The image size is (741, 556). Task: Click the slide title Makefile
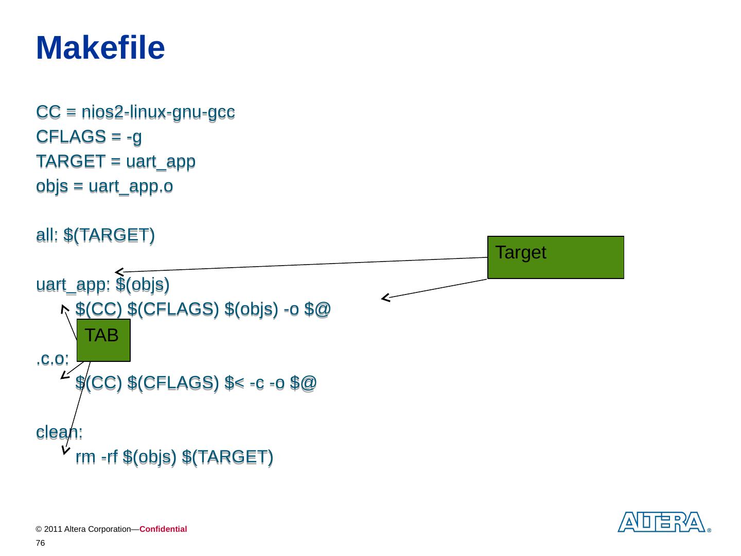click(x=100, y=48)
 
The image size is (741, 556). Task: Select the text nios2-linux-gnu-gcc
click(x=158, y=112)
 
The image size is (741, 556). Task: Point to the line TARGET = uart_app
click(x=116, y=161)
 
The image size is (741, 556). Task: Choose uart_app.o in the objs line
click(x=131, y=186)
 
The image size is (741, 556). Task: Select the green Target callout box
click(x=555, y=257)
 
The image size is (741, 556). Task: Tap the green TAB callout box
click(x=103, y=340)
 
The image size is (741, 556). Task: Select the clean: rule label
click(x=59, y=432)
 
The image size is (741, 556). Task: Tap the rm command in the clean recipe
click(x=85, y=457)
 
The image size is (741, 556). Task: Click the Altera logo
click(x=661, y=522)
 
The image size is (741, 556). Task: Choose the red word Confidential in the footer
click(x=163, y=529)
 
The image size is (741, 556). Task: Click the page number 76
click(x=41, y=543)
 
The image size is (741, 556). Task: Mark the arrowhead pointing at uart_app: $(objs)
click(x=119, y=271)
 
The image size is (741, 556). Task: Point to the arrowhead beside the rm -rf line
click(x=65, y=450)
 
